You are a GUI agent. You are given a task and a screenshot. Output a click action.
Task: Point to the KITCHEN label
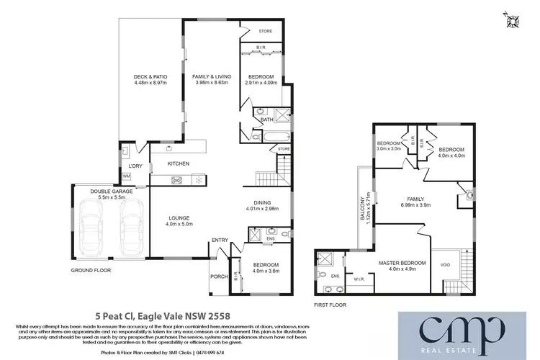pyautogui.click(x=178, y=164)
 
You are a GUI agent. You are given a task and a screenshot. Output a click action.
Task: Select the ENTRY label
pyautogui.click(x=220, y=240)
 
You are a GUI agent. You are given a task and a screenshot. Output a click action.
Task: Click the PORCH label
pyautogui.click(x=218, y=276)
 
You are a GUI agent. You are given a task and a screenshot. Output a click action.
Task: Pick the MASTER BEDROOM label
pyautogui.click(x=402, y=264)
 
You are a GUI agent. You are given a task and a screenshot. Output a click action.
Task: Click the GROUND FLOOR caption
pyautogui.click(x=90, y=270)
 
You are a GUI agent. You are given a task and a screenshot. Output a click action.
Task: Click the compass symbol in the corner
pyautogui.click(x=513, y=19)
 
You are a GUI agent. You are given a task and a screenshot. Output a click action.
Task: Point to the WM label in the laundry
pyautogui.click(x=127, y=176)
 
